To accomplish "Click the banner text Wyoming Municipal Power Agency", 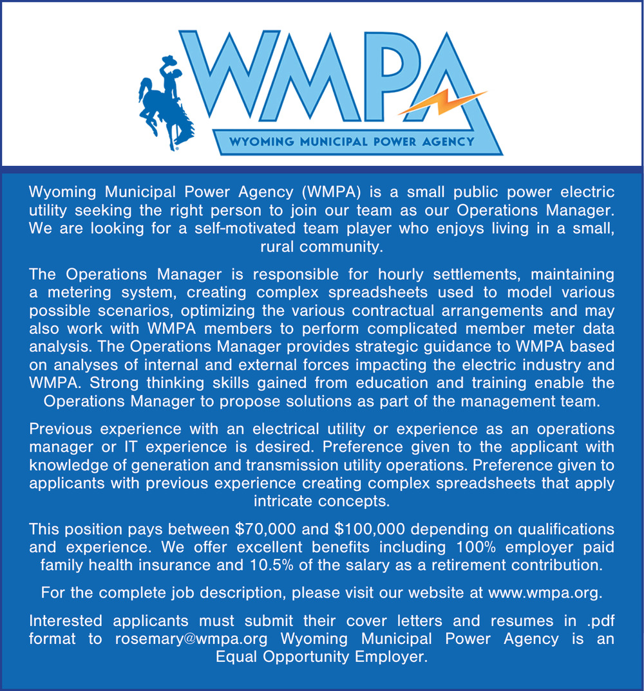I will [x=352, y=141].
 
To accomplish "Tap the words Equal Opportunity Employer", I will [x=321, y=658].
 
